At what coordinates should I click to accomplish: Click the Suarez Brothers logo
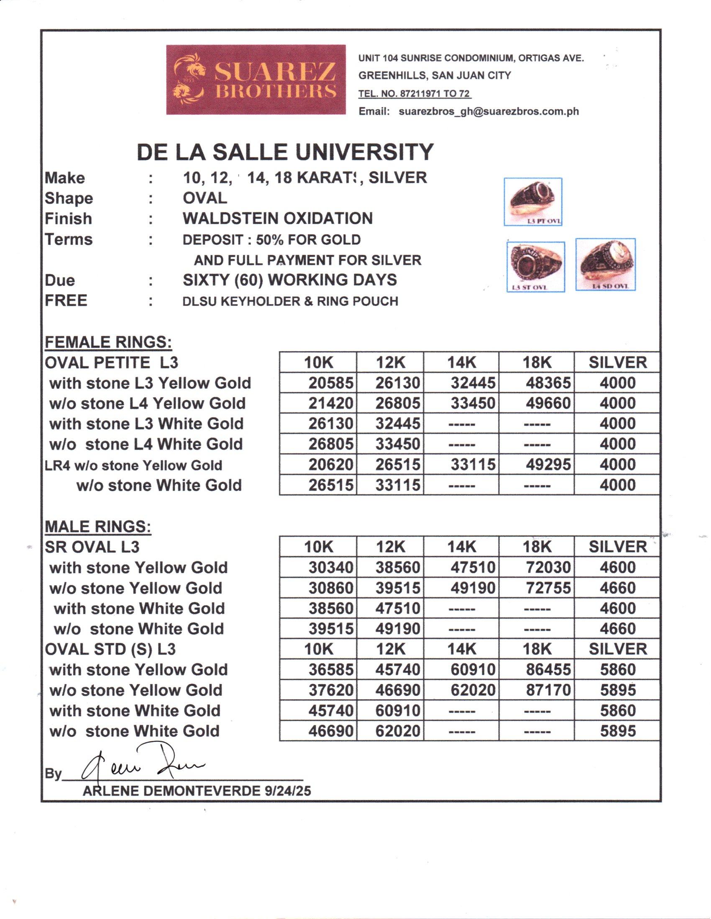(256, 79)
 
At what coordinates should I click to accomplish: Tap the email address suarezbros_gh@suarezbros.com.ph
(488, 112)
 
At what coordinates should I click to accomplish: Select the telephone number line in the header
(414, 94)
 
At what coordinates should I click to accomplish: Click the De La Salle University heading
(285, 152)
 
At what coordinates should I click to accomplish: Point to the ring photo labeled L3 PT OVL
(533, 202)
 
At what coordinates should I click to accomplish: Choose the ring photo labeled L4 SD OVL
(605, 264)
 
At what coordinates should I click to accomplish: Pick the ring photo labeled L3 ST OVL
(535, 267)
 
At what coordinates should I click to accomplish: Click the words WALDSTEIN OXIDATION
(278, 218)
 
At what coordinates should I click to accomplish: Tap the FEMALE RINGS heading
(108, 342)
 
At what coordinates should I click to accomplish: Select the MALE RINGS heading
(98, 526)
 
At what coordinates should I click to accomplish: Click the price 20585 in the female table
(331, 383)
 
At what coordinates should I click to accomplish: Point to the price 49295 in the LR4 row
(548, 465)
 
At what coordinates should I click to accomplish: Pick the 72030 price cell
(548, 567)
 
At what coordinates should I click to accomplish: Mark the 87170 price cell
(548, 690)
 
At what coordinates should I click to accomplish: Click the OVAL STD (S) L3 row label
(110, 649)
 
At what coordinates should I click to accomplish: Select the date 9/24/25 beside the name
(288, 791)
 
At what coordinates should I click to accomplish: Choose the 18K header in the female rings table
(537, 363)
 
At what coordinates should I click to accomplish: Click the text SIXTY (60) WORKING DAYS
(289, 280)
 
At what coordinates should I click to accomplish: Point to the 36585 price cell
(331, 670)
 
